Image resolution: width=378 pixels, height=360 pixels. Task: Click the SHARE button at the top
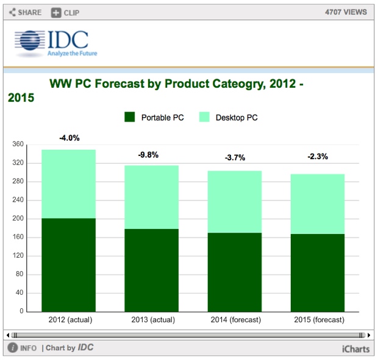click(25, 12)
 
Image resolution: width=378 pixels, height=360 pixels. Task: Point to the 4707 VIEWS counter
click(345, 12)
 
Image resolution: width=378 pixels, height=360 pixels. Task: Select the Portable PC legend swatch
click(130, 117)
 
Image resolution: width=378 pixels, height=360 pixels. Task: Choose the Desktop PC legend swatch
click(204, 117)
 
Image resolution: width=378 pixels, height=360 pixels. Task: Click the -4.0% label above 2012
click(69, 138)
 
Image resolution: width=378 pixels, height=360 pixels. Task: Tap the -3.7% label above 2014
click(235, 158)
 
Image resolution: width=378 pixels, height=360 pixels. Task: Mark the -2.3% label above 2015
click(318, 157)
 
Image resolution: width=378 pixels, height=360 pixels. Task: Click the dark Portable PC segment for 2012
click(68, 264)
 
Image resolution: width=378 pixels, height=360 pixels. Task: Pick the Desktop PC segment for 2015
click(318, 203)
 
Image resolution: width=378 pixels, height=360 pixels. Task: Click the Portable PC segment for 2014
click(235, 272)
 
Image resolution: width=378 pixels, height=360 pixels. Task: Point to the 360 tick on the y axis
click(18, 144)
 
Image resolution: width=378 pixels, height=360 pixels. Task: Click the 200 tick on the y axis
click(18, 219)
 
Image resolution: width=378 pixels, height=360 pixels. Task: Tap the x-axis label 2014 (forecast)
click(235, 320)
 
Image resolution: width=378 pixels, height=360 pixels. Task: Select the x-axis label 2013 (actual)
click(152, 320)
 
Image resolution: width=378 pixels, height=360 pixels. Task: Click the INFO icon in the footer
click(12, 348)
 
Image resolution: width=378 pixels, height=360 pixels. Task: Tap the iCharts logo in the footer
click(356, 348)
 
